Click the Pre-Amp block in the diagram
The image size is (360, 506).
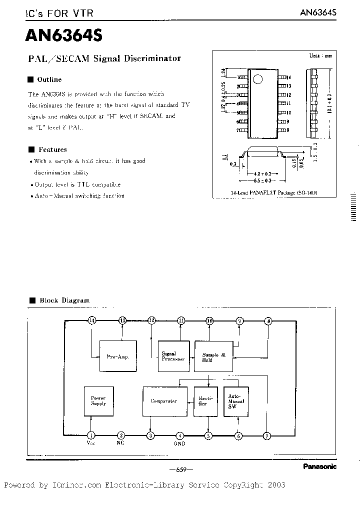coord(117,357)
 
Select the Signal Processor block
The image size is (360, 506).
coord(174,356)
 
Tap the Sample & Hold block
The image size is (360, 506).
coord(213,356)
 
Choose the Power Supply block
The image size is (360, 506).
coord(98,401)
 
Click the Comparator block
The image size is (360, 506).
coord(164,401)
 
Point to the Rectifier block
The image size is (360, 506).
coord(205,401)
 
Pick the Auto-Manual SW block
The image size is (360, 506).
coord(235,401)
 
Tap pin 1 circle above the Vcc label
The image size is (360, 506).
coord(91,435)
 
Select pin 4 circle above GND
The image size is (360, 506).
coord(180,435)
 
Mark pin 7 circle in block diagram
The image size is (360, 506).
coord(267,435)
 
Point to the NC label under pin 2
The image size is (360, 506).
coord(120,443)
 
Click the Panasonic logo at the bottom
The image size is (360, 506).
coord(319,466)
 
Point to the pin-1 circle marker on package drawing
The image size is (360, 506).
coord(257,79)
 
